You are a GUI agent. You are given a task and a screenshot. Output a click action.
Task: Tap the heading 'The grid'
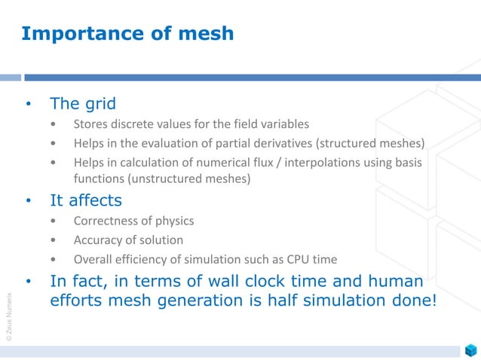tap(83, 103)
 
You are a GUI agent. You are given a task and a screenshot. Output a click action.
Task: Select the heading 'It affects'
tap(85, 201)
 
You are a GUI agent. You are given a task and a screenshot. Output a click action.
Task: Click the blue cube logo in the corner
tap(470, 350)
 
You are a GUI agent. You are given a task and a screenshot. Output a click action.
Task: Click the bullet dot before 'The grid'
tap(29, 104)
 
